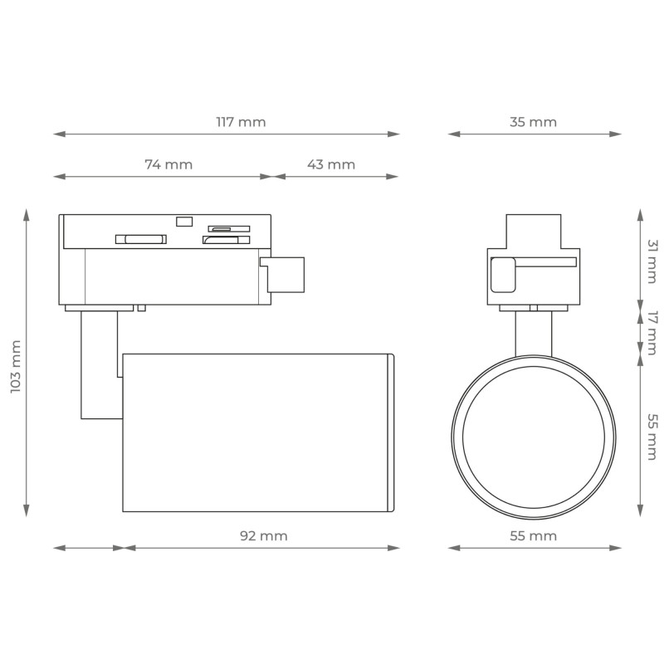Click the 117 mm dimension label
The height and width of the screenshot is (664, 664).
coord(241,122)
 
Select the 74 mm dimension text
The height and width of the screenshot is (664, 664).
coord(168,164)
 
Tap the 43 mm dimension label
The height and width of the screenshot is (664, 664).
coord(331,164)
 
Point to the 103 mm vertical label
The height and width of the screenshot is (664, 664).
coord(16,366)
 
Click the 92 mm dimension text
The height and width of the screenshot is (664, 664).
coord(264,535)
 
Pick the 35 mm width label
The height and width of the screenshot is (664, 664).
coord(533,122)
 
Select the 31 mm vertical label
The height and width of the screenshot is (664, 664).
coord(652,261)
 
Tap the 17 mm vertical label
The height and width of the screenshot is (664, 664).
coord(652,333)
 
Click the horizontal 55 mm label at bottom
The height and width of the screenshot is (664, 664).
coord(533,535)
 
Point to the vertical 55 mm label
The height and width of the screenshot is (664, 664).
coord(652,437)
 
